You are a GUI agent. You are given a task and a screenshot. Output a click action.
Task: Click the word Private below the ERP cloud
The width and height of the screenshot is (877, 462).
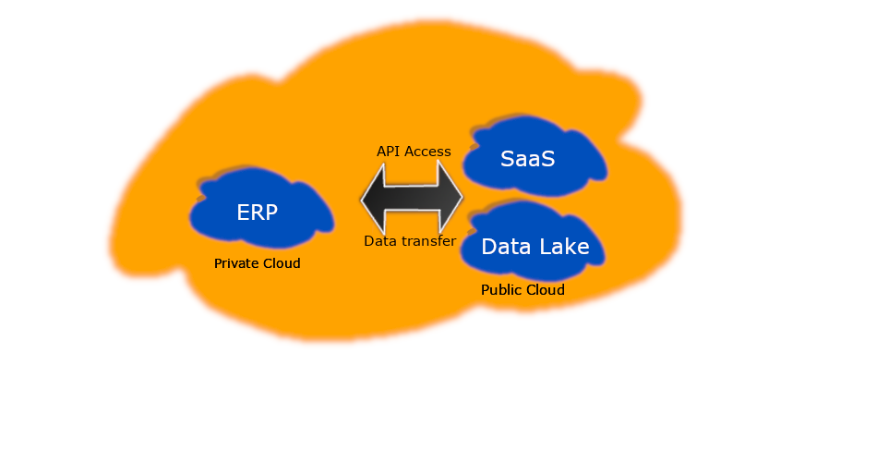click(234, 263)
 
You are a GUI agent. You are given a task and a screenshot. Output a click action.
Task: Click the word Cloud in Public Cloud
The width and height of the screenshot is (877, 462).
click(545, 290)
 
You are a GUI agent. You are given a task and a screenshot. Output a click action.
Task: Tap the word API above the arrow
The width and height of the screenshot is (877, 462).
click(389, 151)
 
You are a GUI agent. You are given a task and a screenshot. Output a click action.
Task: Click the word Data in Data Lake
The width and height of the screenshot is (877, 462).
click(506, 247)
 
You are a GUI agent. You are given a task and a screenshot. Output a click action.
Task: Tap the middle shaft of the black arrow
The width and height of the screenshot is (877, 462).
click(412, 197)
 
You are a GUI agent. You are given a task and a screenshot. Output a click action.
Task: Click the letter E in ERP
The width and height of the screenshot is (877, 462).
click(244, 212)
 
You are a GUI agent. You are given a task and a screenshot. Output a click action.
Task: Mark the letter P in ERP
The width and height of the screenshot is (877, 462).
click(270, 212)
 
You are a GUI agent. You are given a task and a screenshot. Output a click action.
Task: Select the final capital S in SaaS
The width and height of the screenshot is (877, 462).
click(547, 159)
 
